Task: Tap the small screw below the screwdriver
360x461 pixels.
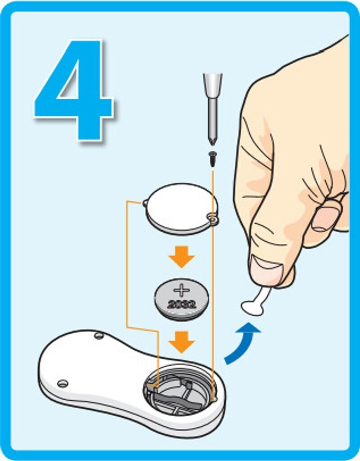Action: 212,159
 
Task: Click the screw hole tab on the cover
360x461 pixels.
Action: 212,218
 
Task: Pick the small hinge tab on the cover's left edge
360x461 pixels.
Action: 145,203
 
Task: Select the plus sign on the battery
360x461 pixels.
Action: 181,290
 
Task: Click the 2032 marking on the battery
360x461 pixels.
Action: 181,304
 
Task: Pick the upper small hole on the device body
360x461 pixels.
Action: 99,335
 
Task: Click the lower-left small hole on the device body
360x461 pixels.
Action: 63,384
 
